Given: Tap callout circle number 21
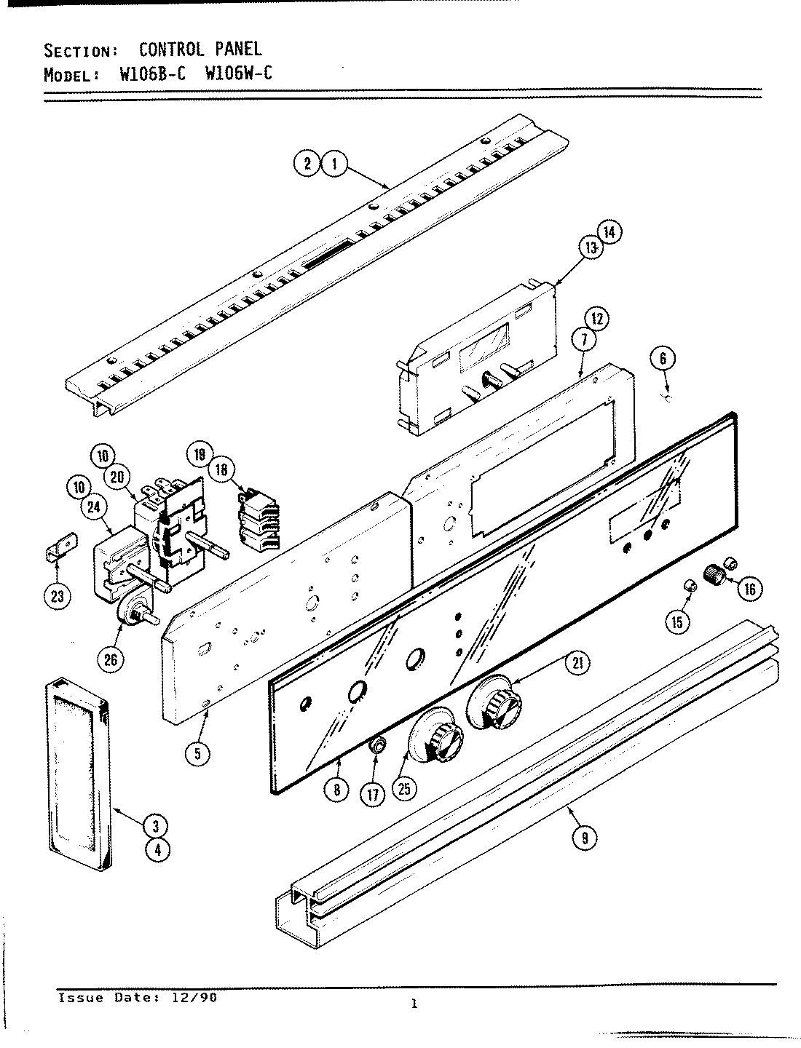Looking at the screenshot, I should (x=579, y=662).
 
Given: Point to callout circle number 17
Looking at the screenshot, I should (x=374, y=794).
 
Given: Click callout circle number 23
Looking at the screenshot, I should (x=58, y=597).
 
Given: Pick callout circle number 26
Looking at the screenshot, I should (x=112, y=659).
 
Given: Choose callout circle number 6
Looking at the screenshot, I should (x=663, y=357).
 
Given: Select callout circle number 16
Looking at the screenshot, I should (x=749, y=588).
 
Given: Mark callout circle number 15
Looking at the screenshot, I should (x=677, y=621).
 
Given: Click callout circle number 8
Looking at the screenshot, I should (x=336, y=790).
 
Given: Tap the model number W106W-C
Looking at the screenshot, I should (x=234, y=75).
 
